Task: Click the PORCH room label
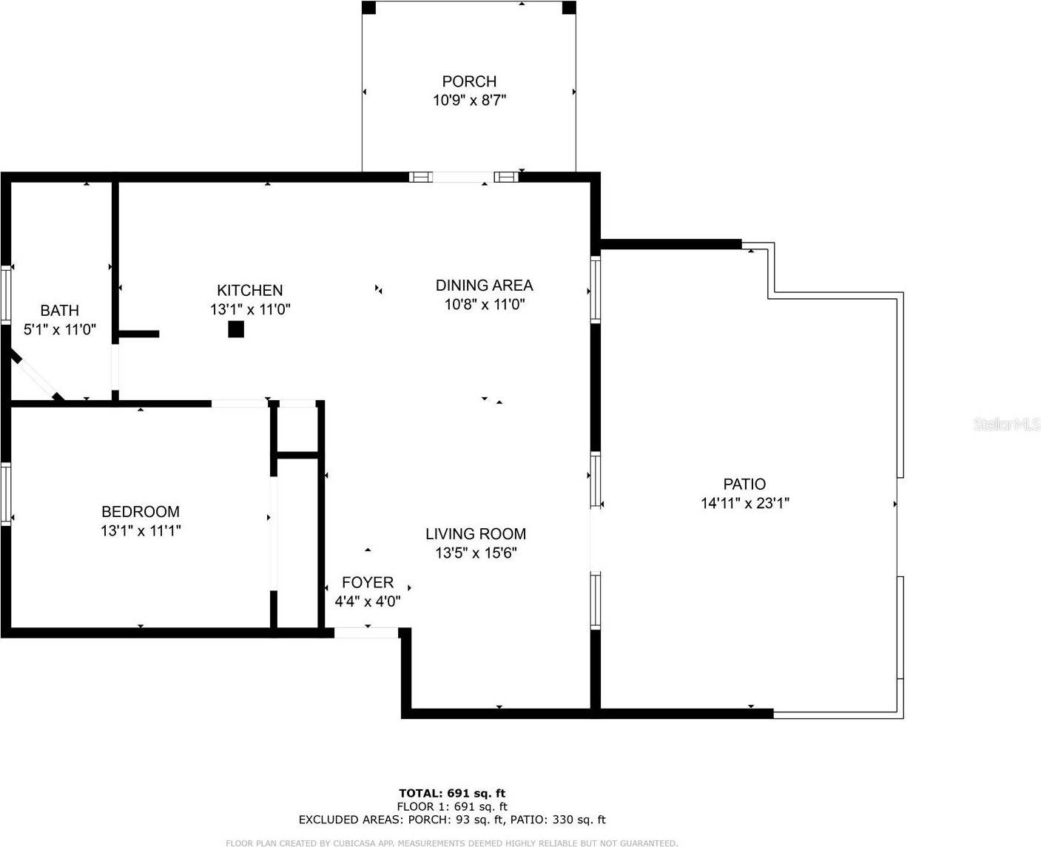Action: (x=469, y=81)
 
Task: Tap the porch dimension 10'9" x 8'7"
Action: (x=469, y=100)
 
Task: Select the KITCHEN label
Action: (x=249, y=291)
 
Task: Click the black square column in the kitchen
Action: (x=236, y=329)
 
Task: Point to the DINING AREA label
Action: (x=484, y=286)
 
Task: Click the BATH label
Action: (x=59, y=311)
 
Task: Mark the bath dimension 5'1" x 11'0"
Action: (x=60, y=330)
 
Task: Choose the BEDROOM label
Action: (x=141, y=512)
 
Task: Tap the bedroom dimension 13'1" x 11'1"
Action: (x=141, y=530)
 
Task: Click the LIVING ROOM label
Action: (x=476, y=534)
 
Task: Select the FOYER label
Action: (x=368, y=583)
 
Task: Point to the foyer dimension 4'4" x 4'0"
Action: (x=368, y=601)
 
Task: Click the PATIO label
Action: (x=744, y=485)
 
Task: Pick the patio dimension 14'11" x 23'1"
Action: (x=745, y=504)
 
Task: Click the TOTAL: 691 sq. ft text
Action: (x=452, y=794)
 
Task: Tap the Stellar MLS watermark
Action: (x=1006, y=425)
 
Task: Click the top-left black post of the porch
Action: (x=368, y=7)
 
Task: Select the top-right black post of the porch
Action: (x=569, y=7)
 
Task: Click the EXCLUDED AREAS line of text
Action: (x=452, y=820)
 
